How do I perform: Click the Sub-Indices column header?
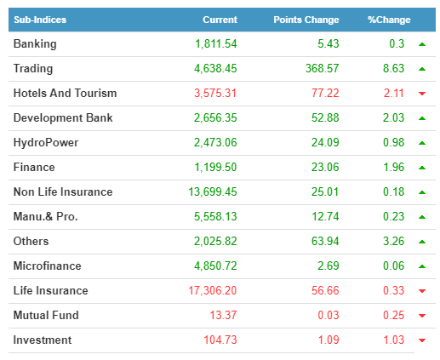pyautogui.click(x=40, y=20)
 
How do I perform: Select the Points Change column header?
pyautogui.click(x=306, y=20)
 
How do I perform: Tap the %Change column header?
pyautogui.click(x=389, y=20)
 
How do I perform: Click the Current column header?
pyautogui.click(x=220, y=20)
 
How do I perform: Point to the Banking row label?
pyautogui.click(x=35, y=44)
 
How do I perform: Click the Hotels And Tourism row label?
pyautogui.click(x=65, y=93)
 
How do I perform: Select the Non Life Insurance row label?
pyautogui.click(x=63, y=191)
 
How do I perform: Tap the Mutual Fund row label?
pyautogui.click(x=46, y=315)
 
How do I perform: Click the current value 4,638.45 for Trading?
pyautogui.click(x=215, y=68)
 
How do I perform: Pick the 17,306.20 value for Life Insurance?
pyautogui.click(x=213, y=290)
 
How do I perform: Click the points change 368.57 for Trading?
pyautogui.click(x=323, y=68)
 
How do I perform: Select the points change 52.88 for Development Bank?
pyautogui.click(x=325, y=117)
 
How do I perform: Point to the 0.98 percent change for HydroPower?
pyautogui.click(x=393, y=142)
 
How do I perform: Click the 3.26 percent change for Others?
pyautogui.click(x=393, y=241)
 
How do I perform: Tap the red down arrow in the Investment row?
pyautogui.click(x=422, y=340)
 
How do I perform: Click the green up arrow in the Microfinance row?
pyautogui.click(x=422, y=266)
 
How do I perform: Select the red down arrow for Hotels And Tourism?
pyautogui.click(x=422, y=94)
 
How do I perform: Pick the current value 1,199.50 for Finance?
pyautogui.click(x=215, y=167)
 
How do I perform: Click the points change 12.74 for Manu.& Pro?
pyautogui.click(x=325, y=216)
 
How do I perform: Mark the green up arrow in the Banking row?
pyautogui.click(x=422, y=44)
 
